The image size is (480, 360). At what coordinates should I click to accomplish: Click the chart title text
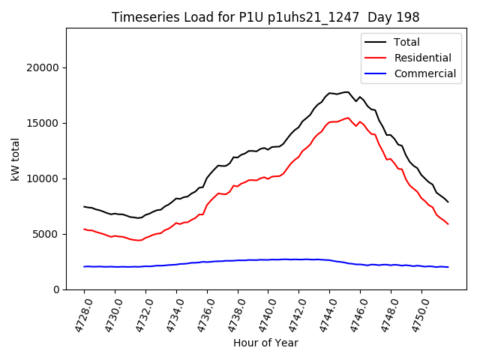265,17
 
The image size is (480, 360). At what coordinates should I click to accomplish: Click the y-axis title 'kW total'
16,159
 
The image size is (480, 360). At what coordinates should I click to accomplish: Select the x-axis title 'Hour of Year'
265,343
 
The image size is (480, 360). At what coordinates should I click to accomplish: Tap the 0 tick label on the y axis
56,289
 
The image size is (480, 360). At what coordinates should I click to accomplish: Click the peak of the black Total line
348,92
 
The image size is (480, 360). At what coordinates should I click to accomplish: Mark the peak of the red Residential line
348,118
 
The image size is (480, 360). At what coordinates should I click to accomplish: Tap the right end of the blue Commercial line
448,267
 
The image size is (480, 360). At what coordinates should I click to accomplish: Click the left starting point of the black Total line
84,207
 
